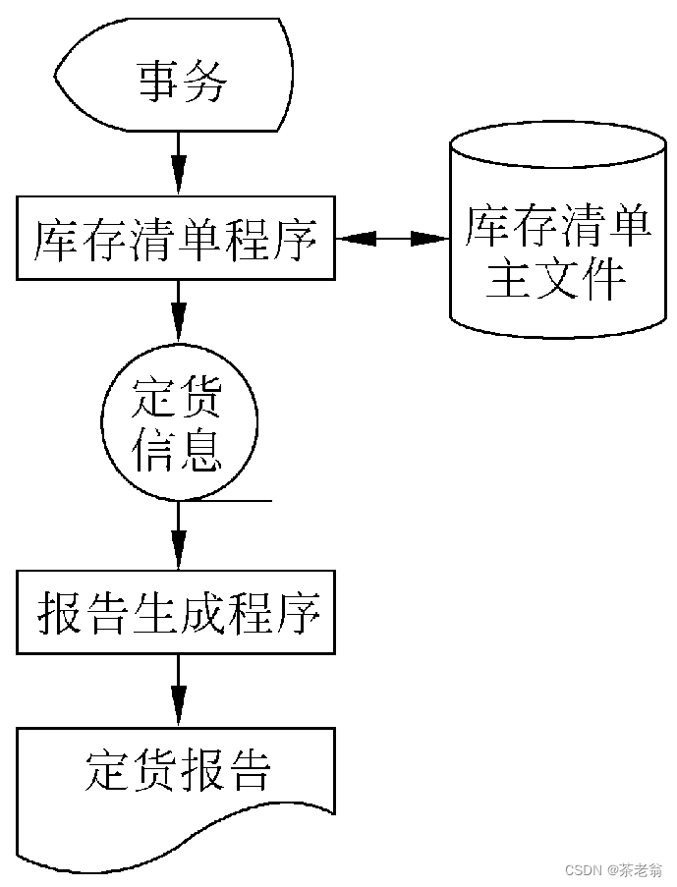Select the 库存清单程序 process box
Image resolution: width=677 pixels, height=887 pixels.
click(x=177, y=239)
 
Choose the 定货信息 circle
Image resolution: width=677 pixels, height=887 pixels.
click(x=178, y=424)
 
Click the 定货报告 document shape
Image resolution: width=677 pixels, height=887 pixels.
click(x=177, y=786)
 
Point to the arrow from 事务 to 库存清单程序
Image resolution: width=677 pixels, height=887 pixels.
click(x=178, y=163)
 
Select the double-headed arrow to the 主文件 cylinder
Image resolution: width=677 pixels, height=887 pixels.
click(x=391, y=238)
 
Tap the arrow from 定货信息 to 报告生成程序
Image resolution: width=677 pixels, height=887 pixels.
click(x=178, y=536)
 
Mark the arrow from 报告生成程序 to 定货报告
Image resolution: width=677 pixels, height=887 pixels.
click(x=178, y=692)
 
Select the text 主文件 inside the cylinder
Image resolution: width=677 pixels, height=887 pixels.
click(x=556, y=280)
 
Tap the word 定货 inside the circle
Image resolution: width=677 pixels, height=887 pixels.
click(x=178, y=400)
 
